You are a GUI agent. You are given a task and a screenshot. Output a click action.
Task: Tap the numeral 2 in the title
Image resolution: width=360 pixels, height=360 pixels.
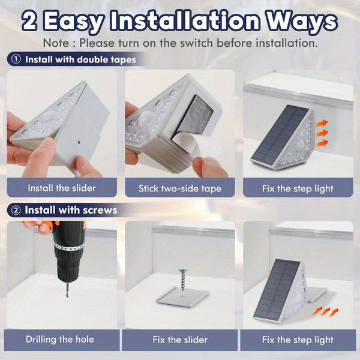point(33,21)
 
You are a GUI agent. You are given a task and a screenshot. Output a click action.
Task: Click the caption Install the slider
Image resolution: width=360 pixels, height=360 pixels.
point(62,188)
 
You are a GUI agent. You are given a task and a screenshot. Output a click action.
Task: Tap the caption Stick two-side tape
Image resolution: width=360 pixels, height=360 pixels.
point(180,188)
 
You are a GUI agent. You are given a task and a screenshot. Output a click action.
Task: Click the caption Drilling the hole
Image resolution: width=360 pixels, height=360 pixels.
point(60,339)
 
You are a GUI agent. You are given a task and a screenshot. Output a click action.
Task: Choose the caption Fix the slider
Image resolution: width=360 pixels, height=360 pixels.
point(180,339)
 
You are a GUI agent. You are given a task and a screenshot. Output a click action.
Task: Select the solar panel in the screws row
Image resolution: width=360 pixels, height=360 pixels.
point(280,288)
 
